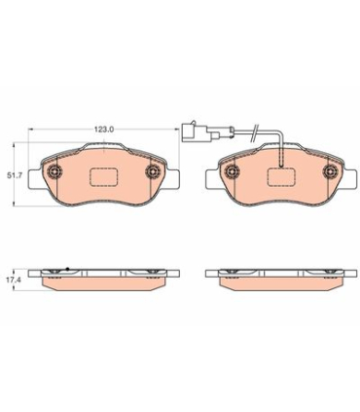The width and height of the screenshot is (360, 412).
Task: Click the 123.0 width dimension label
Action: click(x=103, y=130)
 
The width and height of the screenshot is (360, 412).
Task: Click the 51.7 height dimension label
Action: click(x=15, y=175)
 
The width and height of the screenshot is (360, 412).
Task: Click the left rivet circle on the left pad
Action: click(x=54, y=170)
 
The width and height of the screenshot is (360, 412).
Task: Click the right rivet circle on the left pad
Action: click(x=153, y=170)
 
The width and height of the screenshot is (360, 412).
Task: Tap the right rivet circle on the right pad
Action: click(x=331, y=170)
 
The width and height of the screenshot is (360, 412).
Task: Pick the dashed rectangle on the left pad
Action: click(x=103, y=177)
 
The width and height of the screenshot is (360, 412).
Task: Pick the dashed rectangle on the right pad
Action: click(x=281, y=177)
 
